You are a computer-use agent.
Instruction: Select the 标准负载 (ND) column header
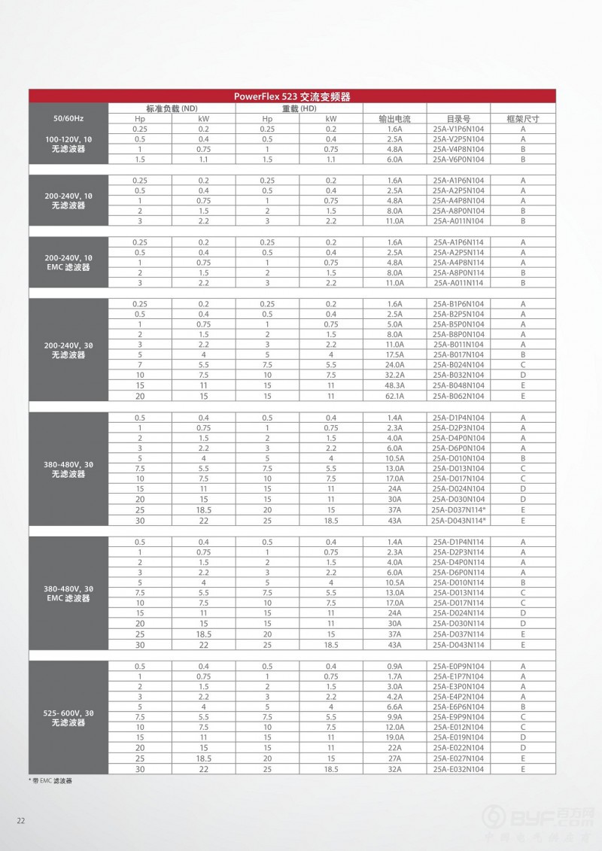click(172, 108)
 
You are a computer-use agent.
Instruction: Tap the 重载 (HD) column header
click(299, 108)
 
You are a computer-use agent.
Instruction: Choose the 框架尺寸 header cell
click(522, 119)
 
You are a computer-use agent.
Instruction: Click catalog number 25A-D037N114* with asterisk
click(459, 509)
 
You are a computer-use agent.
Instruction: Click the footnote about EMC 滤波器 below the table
click(52, 782)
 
